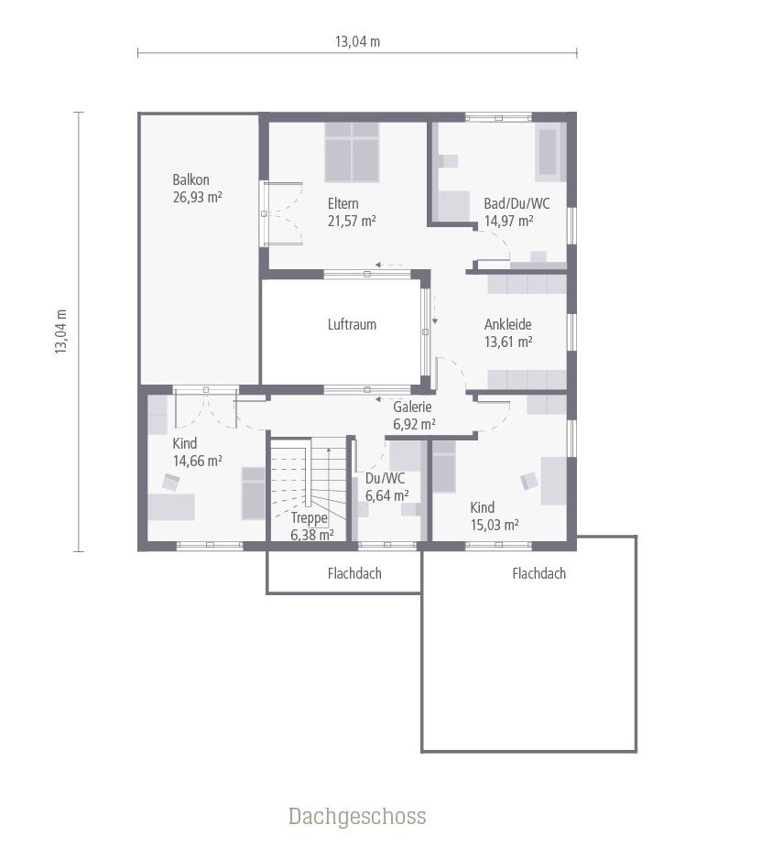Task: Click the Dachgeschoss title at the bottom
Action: coord(357,816)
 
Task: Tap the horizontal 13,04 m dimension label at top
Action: coord(357,40)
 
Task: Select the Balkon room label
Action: coord(190,179)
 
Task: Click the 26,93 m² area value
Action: coord(198,197)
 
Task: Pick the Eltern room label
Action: coord(343,203)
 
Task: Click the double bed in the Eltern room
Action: coord(352,151)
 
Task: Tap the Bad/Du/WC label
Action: coord(517,203)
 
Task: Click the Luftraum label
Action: coord(352,324)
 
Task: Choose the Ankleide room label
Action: coord(507,324)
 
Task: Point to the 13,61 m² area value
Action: coord(508,342)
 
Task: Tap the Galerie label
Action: coord(413,407)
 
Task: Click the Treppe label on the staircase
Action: coord(309,517)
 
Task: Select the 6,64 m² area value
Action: coord(387,495)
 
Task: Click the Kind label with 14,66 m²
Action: coord(185,444)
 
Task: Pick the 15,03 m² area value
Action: coord(495,525)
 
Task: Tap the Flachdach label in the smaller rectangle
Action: coord(354,574)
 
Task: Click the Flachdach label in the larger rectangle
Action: coord(538,574)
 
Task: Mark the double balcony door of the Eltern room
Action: coord(280,213)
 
